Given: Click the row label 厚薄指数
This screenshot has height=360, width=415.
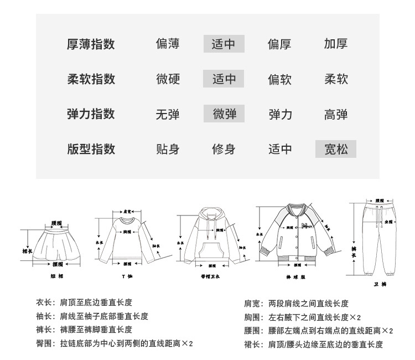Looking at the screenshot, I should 91,44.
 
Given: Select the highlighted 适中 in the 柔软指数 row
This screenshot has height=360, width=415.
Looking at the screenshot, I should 224,79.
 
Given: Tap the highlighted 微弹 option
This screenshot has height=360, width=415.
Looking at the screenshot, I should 224,114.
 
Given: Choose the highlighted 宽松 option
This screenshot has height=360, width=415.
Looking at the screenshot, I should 335,149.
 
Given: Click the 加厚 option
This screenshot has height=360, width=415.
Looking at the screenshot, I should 335,44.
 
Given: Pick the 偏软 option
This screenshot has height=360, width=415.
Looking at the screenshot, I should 279,79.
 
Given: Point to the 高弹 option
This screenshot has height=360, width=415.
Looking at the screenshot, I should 335,114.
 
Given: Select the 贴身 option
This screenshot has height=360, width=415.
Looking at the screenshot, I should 168,149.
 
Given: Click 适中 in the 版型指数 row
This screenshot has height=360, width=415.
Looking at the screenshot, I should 279,149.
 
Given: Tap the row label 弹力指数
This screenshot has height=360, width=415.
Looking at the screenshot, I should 91,114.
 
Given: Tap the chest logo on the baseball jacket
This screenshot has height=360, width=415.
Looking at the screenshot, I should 304,225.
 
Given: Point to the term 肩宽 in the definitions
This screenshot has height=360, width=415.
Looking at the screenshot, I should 252,304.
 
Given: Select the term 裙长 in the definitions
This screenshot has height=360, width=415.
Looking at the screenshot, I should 252,344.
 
